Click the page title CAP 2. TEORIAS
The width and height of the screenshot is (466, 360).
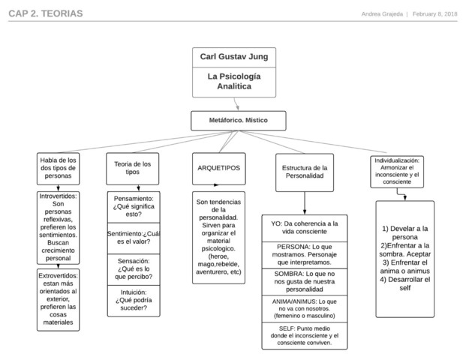(x=46, y=14)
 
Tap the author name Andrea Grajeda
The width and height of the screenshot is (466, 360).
(x=381, y=14)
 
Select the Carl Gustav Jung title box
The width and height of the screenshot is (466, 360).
(x=233, y=57)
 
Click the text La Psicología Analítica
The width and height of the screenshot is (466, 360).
(x=233, y=82)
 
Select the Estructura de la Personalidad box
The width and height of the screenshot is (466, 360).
(x=304, y=172)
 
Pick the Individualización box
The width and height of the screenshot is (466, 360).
(x=397, y=172)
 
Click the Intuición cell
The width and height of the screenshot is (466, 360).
(x=132, y=298)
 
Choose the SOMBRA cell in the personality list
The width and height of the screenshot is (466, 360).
(x=304, y=282)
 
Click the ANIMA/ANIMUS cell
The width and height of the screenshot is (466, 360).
(x=304, y=308)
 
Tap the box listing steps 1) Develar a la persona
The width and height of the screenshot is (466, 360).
(x=404, y=259)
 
